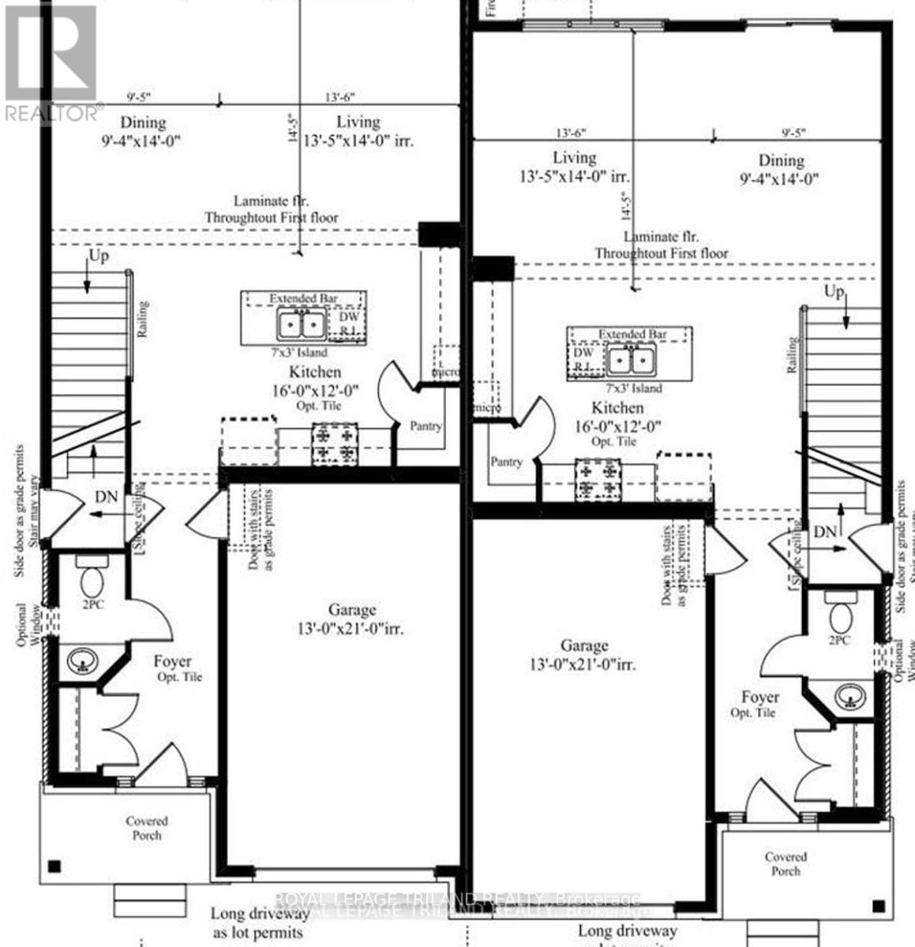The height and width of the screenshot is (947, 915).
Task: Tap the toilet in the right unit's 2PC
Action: click(x=838, y=610)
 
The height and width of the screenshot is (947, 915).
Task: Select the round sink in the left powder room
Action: click(x=81, y=659)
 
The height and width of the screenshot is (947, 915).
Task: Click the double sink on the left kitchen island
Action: click(x=300, y=324)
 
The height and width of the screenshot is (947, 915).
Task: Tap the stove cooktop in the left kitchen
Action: click(x=336, y=442)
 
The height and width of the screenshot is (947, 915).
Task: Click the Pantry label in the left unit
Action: click(x=426, y=426)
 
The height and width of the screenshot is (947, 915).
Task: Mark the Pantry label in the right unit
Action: click(x=506, y=462)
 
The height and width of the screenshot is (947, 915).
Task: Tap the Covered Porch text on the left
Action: click(x=147, y=828)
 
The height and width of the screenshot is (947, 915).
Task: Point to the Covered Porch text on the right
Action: click(x=786, y=863)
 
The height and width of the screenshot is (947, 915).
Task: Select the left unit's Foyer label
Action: click(x=172, y=662)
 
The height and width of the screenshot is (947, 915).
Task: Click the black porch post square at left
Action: click(x=54, y=866)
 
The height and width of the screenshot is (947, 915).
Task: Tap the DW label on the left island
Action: click(x=348, y=316)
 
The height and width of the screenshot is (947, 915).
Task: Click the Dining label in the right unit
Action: click(x=781, y=160)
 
